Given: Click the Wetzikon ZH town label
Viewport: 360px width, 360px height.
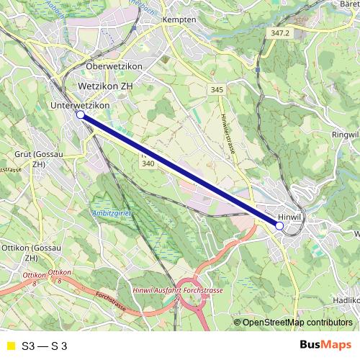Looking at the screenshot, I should [x=105, y=85].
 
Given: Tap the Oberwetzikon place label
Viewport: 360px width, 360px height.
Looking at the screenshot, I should [x=114, y=66].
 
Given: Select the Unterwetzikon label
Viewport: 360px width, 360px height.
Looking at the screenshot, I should [x=80, y=105].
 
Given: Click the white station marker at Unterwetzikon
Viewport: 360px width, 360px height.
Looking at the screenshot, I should [x=81, y=114].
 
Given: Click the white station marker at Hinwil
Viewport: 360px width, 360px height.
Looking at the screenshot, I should [x=279, y=225].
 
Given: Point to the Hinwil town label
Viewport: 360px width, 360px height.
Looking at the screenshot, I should [x=288, y=215].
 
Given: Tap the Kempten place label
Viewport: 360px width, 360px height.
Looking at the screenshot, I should [x=179, y=19].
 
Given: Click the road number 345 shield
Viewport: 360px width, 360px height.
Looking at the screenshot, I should [x=217, y=89].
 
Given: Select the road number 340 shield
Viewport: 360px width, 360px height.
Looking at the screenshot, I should [x=148, y=164].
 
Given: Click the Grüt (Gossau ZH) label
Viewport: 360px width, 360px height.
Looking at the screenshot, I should [x=30, y=159].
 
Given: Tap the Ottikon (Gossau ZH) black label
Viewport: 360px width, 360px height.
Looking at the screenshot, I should [x=20, y=253].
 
